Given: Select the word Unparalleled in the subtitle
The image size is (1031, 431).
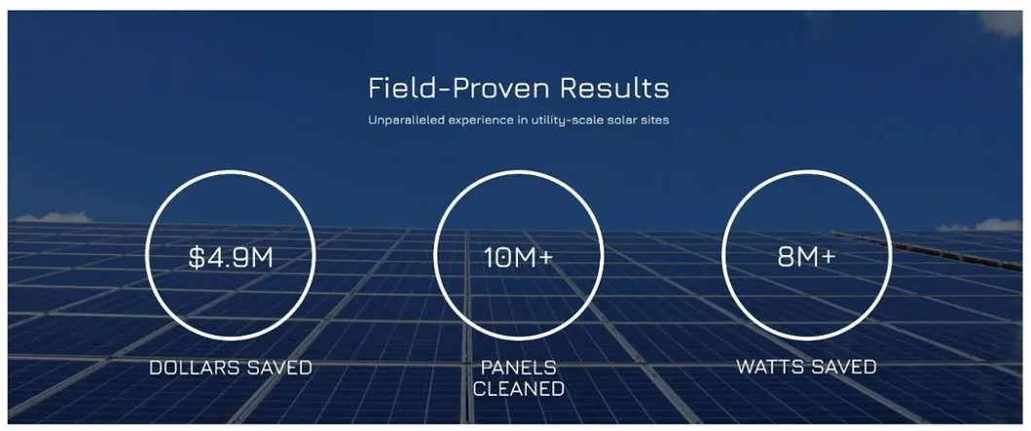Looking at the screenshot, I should pyautogui.click(x=401, y=122).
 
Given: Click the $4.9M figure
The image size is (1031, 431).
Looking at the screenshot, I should pyautogui.click(x=230, y=258).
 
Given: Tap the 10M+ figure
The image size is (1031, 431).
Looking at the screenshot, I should pyautogui.click(x=518, y=258).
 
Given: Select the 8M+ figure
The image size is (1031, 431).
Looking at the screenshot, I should pyautogui.click(x=806, y=258).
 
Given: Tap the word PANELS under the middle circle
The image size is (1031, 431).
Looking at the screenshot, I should pyautogui.click(x=518, y=368).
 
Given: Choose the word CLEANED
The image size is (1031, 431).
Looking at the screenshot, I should pyautogui.click(x=518, y=389).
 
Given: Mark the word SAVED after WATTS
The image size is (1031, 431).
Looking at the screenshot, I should pyautogui.click(x=843, y=367).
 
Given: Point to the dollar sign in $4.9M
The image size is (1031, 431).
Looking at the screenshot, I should pyautogui.click(x=197, y=258).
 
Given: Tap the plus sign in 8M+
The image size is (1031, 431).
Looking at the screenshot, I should pyautogui.click(x=828, y=258).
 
